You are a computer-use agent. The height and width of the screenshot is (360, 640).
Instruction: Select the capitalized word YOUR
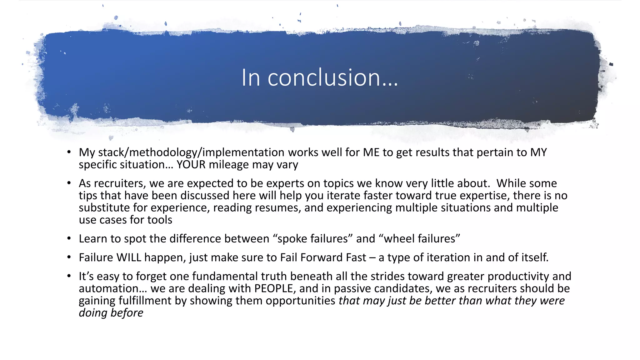pos(191,165)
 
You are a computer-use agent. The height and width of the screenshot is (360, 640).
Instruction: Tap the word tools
pos(160,220)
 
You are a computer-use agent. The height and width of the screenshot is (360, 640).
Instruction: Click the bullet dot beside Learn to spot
pos(69,239)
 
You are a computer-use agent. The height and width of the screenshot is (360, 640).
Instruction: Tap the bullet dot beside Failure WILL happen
pos(69,257)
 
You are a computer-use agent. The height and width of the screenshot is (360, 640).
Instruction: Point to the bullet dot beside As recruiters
pos(69,183)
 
